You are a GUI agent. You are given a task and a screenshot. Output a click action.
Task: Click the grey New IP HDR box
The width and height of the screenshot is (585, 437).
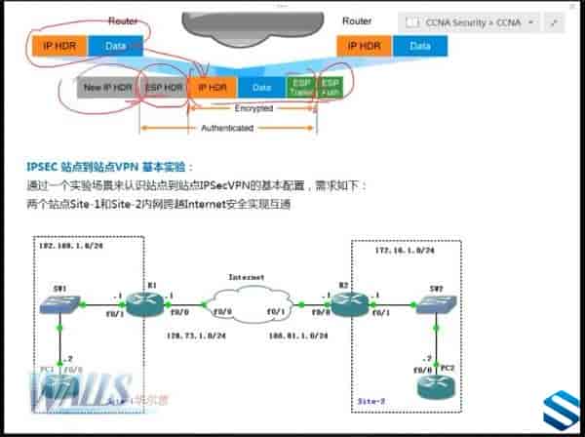[x=107, y=87]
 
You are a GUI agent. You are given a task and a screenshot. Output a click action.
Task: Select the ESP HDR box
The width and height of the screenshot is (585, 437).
[x=164, y=87]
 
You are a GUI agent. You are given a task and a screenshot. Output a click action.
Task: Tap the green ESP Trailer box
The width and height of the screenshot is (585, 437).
[x=299, y=87]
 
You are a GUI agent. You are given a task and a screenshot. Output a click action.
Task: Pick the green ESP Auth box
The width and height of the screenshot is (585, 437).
[x=330, y=87]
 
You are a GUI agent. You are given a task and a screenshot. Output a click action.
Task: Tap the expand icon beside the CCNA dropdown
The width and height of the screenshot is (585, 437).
[x=556, y=21]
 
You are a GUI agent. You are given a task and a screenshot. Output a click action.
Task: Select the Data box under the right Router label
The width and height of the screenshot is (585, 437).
[x=419, y=45]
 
